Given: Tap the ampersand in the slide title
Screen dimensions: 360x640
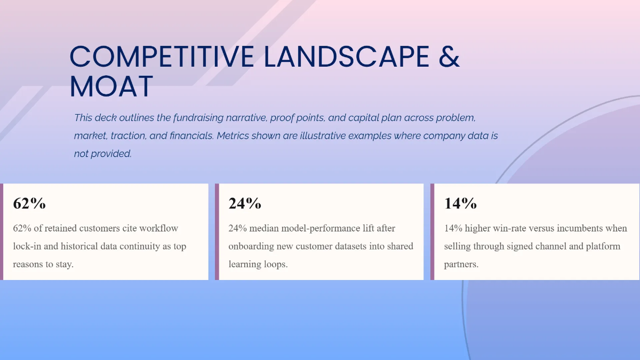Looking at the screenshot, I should [x=449, y=57].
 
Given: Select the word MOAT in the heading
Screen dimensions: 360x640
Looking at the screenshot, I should [x=111, y=87].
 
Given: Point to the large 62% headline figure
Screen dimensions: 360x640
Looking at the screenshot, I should [x=29, y=203].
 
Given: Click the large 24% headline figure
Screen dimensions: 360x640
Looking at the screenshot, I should [x=245, y=203].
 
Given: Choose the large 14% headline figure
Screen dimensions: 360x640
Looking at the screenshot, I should [x=460, y=203].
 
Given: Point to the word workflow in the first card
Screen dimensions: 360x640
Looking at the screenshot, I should [x=159, y=228].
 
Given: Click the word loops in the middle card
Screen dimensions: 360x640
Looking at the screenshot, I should [x=275, y=264].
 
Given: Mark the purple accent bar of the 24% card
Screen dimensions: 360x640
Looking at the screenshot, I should [x=217, y=231].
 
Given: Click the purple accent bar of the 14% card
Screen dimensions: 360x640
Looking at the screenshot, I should [x=433, y=231].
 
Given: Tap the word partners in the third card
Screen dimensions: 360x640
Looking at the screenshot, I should [x=461, y=264].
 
